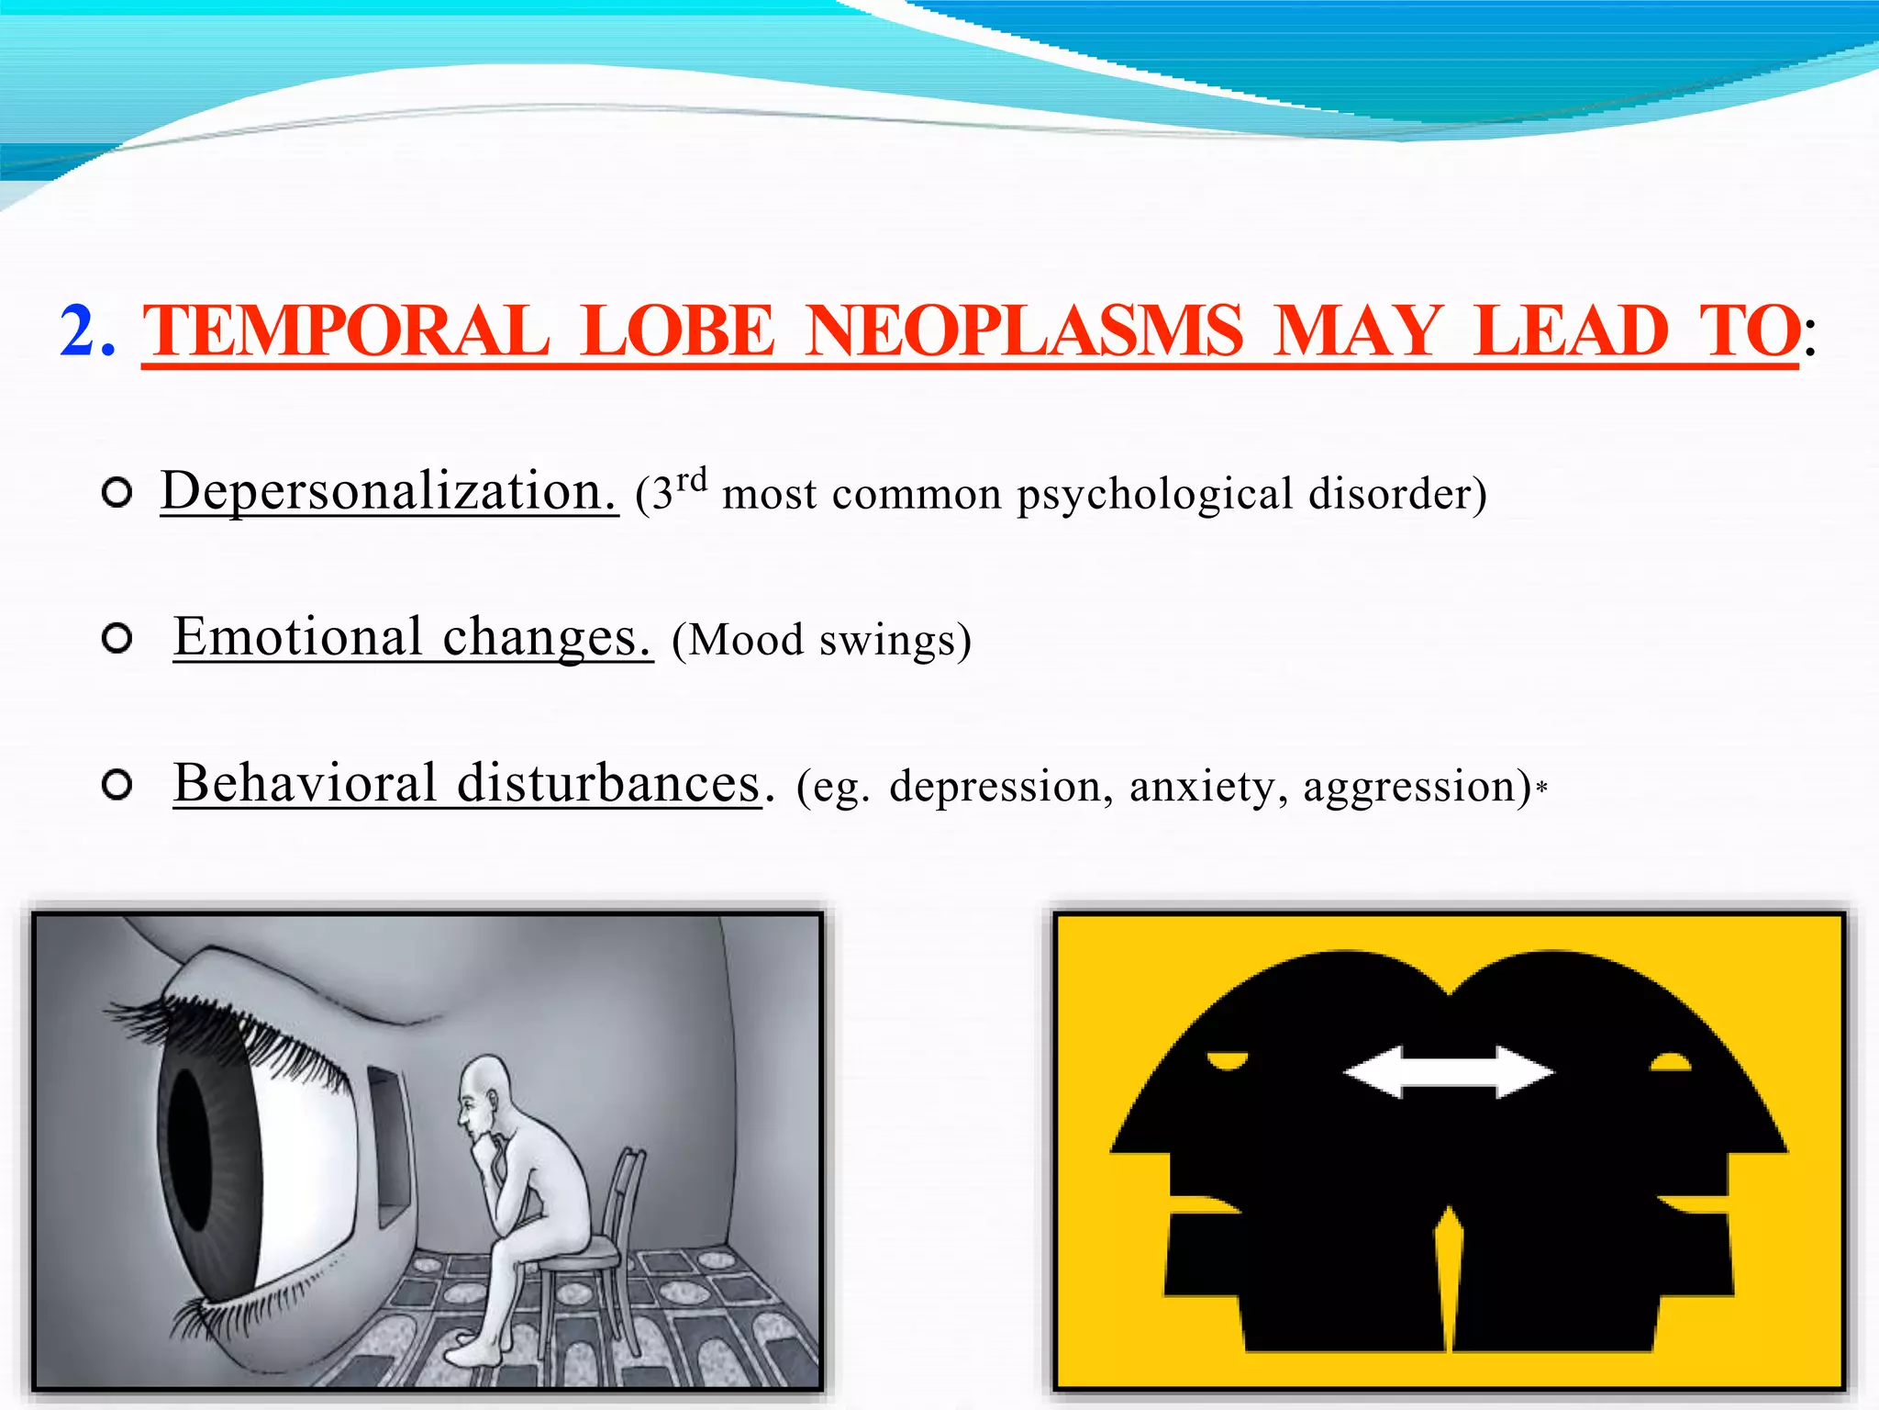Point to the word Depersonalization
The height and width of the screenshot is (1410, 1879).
(x=388, y=491)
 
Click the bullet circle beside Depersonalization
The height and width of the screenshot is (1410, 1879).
(x=117, y=493)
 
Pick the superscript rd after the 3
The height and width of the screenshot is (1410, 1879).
(x=692, y=480)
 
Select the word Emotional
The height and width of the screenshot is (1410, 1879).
(x=298, y=636)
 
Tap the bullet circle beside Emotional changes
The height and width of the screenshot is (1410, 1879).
(x=117, y=638)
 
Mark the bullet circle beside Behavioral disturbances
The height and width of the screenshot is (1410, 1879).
(x=117, y=785)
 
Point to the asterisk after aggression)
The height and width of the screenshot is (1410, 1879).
(x=1542, y=788)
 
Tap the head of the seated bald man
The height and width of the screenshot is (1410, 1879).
(x=484, y=1088)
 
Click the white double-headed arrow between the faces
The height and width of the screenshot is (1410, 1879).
(x=1448, y=1072)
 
